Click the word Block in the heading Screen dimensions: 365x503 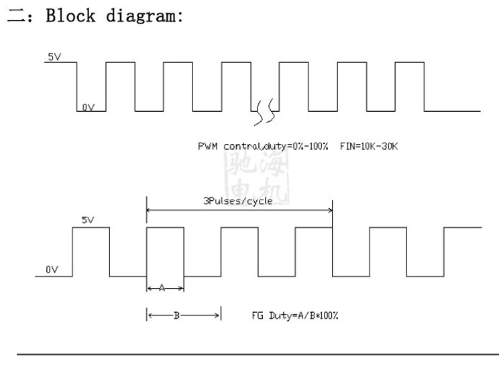(70, 16)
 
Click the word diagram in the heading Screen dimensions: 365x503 (144, 16)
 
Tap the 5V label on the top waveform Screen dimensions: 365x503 (54, 57)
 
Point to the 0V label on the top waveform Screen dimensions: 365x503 (89, 106)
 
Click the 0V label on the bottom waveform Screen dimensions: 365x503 (52, 269)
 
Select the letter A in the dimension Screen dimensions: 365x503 (162, 288)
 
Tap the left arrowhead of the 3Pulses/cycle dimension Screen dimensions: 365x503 (150, 210)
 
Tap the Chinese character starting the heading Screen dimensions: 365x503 (15, 17)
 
